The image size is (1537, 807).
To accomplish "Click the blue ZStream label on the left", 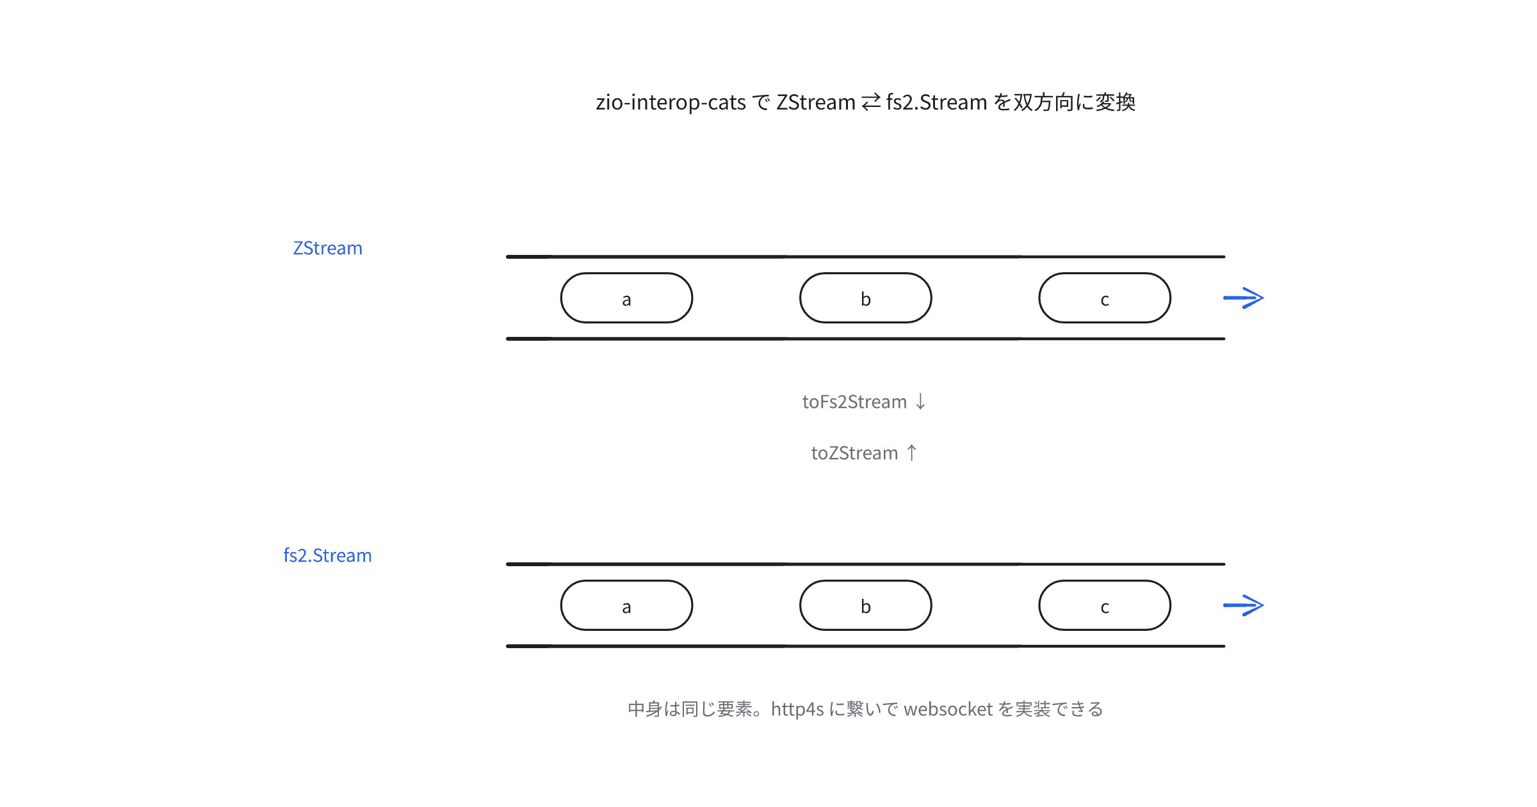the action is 327,248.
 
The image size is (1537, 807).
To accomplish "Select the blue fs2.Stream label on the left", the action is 327,555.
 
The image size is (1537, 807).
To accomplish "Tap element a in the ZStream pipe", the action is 626,298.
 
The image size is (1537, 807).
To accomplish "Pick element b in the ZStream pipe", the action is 865,298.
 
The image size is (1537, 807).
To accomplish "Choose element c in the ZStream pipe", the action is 1105,298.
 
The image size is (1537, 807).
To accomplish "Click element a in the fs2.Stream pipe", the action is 626,605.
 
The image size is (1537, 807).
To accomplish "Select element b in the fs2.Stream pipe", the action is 865,605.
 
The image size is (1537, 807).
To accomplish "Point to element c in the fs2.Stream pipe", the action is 1105,605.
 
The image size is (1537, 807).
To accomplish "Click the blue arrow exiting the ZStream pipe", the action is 1243,298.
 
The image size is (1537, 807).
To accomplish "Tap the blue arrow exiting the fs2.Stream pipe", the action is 1243,605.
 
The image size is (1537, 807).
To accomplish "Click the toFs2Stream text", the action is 854,402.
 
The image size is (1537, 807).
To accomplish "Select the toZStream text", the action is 854,453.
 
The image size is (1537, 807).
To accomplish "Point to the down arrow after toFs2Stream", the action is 920,402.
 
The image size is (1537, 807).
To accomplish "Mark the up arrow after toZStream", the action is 912,453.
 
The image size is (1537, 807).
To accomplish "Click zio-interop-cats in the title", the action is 671,102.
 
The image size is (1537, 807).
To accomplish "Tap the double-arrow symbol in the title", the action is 871,102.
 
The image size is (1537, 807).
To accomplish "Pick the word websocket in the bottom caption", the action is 948,709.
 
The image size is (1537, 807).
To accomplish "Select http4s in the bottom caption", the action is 797,710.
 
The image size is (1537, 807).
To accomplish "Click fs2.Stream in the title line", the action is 936,102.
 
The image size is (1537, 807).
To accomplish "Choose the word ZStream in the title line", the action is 816,102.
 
